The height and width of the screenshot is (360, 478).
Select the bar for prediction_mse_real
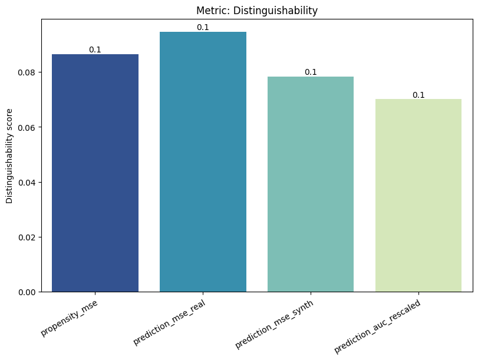pyautogui.click(x=203, y=161)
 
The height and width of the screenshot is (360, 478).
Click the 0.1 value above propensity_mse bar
pyautogui.click(x=95, y=50)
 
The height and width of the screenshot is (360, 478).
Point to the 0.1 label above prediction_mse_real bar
pyautogui.click(x=203, y=28)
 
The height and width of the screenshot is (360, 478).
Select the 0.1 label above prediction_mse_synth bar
pyautogui.click(x=311, y=72)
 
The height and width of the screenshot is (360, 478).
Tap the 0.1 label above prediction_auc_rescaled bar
pyautogui.click(x=418, y=95)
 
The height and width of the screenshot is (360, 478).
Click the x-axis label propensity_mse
pyautogui.click(x=70, y=318)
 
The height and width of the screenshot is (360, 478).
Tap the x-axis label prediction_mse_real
pyautogui.click(x=169, y=322)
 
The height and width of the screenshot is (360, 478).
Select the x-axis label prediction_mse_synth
pyautogui.click(x=274, y=324)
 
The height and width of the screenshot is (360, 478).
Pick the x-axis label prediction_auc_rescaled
pyautogui.click(x=377, y=326)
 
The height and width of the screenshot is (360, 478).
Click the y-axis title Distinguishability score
pyautogui.click(x=9, y=156)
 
